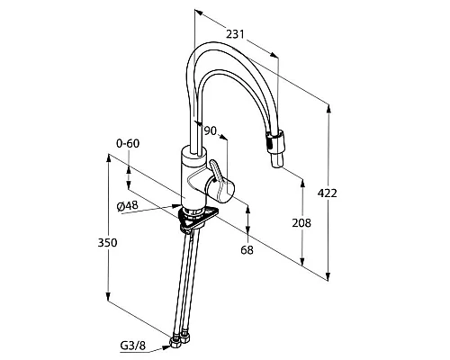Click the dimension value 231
coord(236,34)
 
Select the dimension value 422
coord(328,193)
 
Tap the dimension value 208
coord(301,223)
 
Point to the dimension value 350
coord(107,242)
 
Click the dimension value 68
coord(247,250)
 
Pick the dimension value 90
coord(210,130)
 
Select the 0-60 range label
coord(128,143)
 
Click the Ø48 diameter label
coord(128,206)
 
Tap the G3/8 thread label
coord(133,346)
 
